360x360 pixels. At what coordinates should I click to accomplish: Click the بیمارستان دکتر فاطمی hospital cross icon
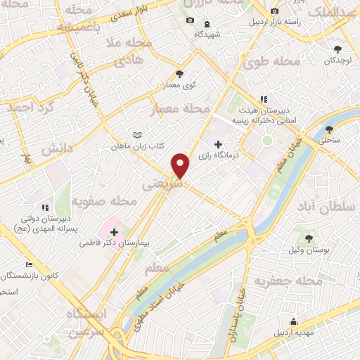coord(114,231)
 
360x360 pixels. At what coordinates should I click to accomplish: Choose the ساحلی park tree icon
coord(329,129)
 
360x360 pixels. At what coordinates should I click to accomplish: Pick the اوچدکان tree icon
coord(338,49)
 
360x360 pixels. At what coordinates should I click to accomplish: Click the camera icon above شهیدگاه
coord(189,20)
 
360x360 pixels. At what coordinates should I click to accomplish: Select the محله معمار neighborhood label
coord(179,108)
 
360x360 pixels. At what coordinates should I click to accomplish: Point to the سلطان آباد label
coord(321,208)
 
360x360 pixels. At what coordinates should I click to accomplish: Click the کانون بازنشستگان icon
coord(29,265)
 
